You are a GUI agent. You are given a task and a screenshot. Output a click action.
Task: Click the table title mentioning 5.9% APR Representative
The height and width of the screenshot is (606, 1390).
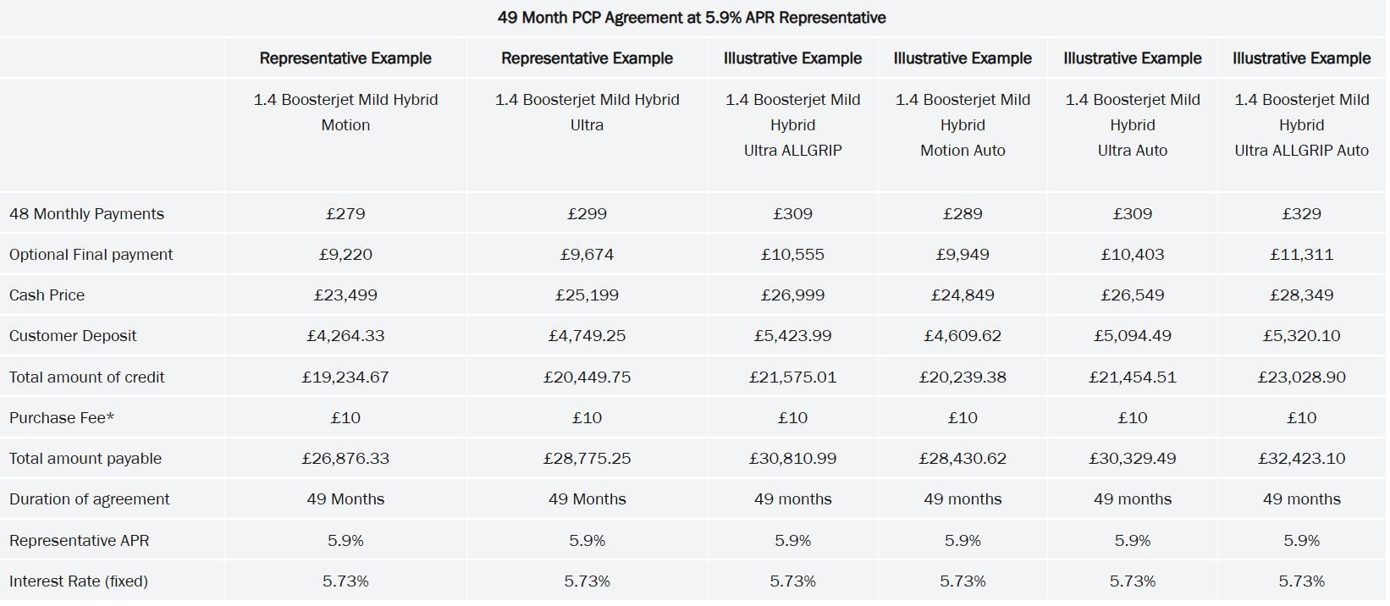coord(692,18)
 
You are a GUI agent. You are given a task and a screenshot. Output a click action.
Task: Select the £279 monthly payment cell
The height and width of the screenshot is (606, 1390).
coord(345,214)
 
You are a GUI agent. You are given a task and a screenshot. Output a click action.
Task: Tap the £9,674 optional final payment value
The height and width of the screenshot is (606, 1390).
coord(587,255)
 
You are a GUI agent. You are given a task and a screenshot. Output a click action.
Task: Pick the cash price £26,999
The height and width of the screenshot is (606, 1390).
coord(792,295)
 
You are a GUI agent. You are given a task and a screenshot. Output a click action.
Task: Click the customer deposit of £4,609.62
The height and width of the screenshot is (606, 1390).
coord(963,336)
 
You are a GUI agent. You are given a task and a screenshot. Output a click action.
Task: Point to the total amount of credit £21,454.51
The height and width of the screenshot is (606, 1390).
coord(1132,377)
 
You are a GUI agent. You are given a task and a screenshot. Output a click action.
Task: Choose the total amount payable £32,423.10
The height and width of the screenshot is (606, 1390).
coord(1301,459)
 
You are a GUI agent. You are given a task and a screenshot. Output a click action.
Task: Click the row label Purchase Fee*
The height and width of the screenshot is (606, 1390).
coord(62,418)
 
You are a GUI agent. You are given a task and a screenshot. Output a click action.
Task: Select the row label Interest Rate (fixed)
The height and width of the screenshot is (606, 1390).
coord(79,581)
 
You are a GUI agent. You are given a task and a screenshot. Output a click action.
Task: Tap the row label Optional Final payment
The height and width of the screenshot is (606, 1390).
coord(91,255)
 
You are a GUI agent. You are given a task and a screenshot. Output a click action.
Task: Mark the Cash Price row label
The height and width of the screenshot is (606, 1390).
coord(47,295)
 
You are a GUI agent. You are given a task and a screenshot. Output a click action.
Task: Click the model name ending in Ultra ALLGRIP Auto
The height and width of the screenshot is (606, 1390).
coord(1301,125)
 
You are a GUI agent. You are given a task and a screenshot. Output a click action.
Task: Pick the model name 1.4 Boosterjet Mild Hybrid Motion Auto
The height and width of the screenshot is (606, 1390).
coord(963,125)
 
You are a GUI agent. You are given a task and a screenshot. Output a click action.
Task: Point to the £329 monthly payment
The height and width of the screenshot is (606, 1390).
coord(1301,214)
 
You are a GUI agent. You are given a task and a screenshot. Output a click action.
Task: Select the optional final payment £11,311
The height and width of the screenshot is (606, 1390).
coord(1301,255)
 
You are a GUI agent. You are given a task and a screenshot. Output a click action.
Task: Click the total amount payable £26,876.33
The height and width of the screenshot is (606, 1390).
coord(345,459)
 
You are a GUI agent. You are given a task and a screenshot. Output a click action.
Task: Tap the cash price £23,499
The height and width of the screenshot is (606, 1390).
coord(345,295)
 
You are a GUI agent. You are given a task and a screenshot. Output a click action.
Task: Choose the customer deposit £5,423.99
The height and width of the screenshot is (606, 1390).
coord(792,336)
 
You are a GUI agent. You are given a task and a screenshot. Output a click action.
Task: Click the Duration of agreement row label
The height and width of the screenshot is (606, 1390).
coord(89,499)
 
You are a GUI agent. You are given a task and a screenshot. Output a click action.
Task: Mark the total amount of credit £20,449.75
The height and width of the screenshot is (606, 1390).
coord(587,377)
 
